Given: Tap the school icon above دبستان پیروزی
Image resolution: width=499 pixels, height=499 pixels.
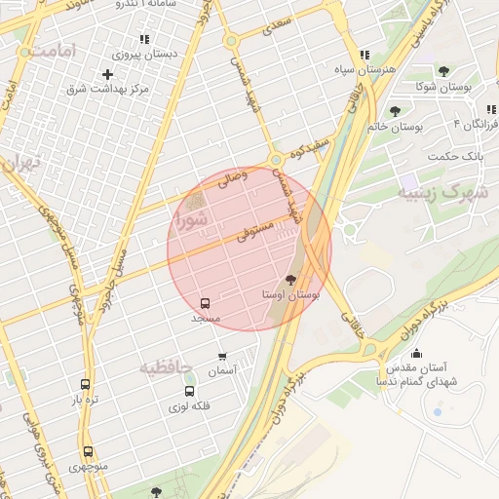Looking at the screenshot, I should [x=144, y=39].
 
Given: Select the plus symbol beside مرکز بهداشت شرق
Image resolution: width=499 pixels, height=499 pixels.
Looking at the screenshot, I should [x=107, y=74].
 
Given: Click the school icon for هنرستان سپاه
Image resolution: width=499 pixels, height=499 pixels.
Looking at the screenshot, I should [x=365, y=56].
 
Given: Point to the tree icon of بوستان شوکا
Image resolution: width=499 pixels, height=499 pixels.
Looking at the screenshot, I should [x=444, y=71].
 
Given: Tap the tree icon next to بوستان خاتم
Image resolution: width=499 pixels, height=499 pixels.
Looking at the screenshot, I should [x=395, y=111].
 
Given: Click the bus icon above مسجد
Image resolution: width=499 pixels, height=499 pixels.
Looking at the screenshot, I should [x=205, y=303].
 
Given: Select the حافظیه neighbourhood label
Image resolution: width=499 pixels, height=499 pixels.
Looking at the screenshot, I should [x=166, y=367].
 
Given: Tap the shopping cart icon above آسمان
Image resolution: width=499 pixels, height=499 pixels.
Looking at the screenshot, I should [x=222, y=356].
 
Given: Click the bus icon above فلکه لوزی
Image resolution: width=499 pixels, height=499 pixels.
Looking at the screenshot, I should [x=189, y=391].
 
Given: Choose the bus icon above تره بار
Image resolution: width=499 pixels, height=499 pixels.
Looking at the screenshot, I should [x=85, y=384].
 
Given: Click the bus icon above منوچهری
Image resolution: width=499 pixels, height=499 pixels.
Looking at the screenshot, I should [x=88, y=451].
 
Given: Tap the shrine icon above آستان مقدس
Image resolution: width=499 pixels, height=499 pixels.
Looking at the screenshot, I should [x=417, y=353].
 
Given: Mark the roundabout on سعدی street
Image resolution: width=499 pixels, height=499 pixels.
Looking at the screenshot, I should [x=231, y=41].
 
